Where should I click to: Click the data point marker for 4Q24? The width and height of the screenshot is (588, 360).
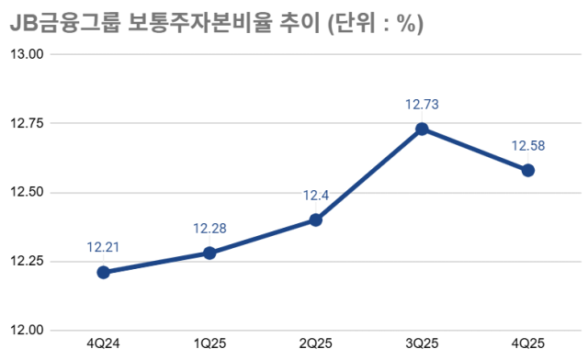pyautogui.click(x=103, y=272)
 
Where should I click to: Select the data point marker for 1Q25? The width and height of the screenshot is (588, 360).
pyautogui.click(x=209, y=253)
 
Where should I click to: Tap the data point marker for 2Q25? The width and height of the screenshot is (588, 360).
pyautogui.click(x=316, y=219)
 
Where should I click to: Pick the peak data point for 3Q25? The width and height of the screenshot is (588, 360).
pyautogui.click(x=422, y=129)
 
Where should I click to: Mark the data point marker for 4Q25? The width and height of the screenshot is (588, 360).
pyautogui.click(x=528, y=170)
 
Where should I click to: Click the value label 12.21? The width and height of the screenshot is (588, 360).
pyautogui.click(x=103, y=247)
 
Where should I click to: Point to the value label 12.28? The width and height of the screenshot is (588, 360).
pyautogui.click(x=209, y=228)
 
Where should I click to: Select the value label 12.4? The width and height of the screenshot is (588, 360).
pyautogui.click(x=316, y=195)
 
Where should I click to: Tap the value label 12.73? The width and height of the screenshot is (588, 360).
pyautogui.click(x=422, y=104)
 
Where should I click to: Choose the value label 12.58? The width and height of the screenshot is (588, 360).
pyautogui.click(x=528, y=145)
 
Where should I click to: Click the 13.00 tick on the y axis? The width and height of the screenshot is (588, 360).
pyautogui.click(x=28, y=54)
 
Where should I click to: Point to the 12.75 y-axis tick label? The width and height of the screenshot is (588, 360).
pyautogui.click(x=28, y=123)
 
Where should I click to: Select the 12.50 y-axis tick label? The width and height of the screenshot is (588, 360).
pyautogui.click(x=28, y=193)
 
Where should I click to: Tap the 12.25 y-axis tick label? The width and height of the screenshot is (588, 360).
pyautogui.click(x=28, y=262)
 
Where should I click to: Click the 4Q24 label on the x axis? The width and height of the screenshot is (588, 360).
pyautogui.click(x=103, y=344)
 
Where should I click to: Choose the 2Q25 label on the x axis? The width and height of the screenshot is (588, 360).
pyautogui.click(x=316, y=344)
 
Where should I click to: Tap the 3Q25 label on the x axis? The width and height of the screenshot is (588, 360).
pyautogui.click(x=422, y=344)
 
